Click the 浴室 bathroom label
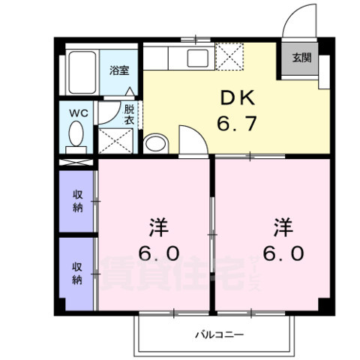(119, 71)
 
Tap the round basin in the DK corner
(156, 142)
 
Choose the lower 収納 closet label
(77, 273)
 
